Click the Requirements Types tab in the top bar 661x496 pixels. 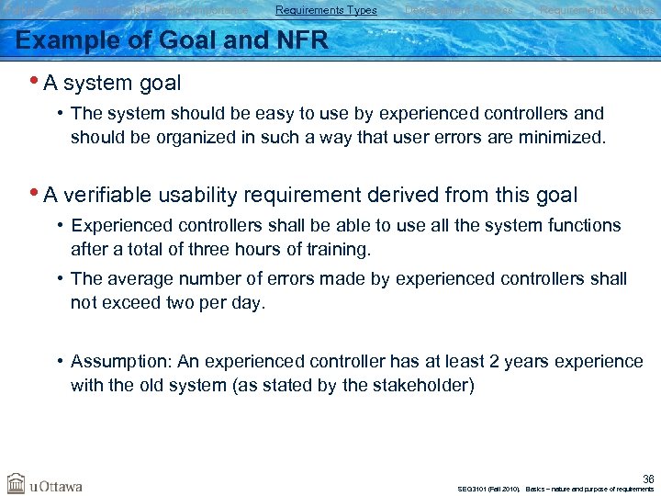pyautogui.click(x=326, y=10)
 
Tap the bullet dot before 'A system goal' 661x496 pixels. pyautogui.click(x=35, y=81)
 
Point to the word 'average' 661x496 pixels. pyautogui.click(x=142, y=278)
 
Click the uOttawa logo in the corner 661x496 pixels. pyautogui.click(x=45, y=483)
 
